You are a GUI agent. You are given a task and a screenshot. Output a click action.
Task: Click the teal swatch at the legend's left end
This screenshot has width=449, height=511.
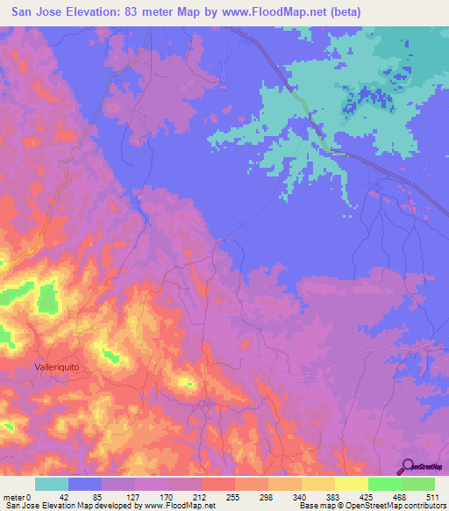click(52, 484)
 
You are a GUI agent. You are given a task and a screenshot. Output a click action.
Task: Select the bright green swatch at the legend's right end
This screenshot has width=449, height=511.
click(418, 484)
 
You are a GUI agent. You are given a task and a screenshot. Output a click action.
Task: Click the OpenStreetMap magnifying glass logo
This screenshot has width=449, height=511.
click(410, 465)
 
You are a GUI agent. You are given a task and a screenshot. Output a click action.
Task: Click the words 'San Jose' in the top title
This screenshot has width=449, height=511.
click(36, 11)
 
